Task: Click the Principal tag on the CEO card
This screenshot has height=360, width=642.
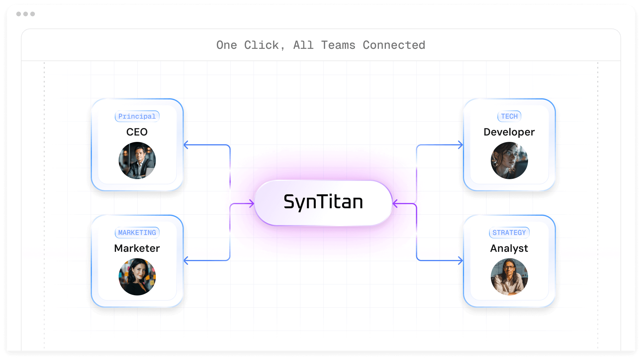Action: (137, 116)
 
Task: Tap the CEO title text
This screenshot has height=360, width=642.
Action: (137, 132)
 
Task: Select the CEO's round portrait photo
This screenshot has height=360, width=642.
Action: (137, 161)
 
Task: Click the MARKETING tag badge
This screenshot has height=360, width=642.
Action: (137, 233)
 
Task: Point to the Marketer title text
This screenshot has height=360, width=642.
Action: (137, 248)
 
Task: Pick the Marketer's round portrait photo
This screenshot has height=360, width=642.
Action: (137, 277)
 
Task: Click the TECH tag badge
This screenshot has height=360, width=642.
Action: (509, 116)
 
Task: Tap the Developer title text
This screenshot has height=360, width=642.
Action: (509, 132)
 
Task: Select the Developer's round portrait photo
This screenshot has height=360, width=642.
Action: (509, 161)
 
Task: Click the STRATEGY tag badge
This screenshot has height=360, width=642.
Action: (509, 233)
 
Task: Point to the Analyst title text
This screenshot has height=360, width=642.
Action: (509, 248)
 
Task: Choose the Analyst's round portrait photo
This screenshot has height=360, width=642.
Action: (509, 277)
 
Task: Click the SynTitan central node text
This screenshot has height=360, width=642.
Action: (323, 202)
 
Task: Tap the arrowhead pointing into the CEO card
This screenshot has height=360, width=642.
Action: (186, 145)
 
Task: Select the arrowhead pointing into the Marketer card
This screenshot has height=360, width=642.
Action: (186, 261)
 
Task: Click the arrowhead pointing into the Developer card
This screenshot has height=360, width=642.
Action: (460, 145)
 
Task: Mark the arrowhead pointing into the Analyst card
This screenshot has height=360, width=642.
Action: (460, 261)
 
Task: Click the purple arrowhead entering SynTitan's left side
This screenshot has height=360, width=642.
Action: (252, 204)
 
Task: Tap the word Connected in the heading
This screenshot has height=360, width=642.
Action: (394, 45)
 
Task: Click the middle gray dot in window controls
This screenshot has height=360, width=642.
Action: (26, 14)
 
